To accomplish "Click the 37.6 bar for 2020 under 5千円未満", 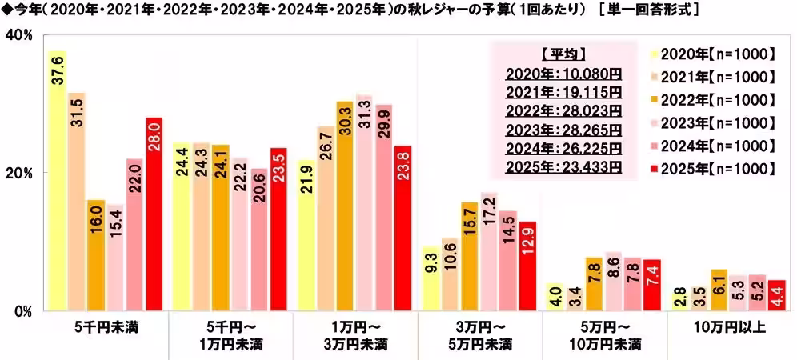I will click(57, 180).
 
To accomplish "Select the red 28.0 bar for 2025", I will click(154, 213).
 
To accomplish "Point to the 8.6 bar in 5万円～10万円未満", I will click(614, 281).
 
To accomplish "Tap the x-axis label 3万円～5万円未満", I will click(479, 336).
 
